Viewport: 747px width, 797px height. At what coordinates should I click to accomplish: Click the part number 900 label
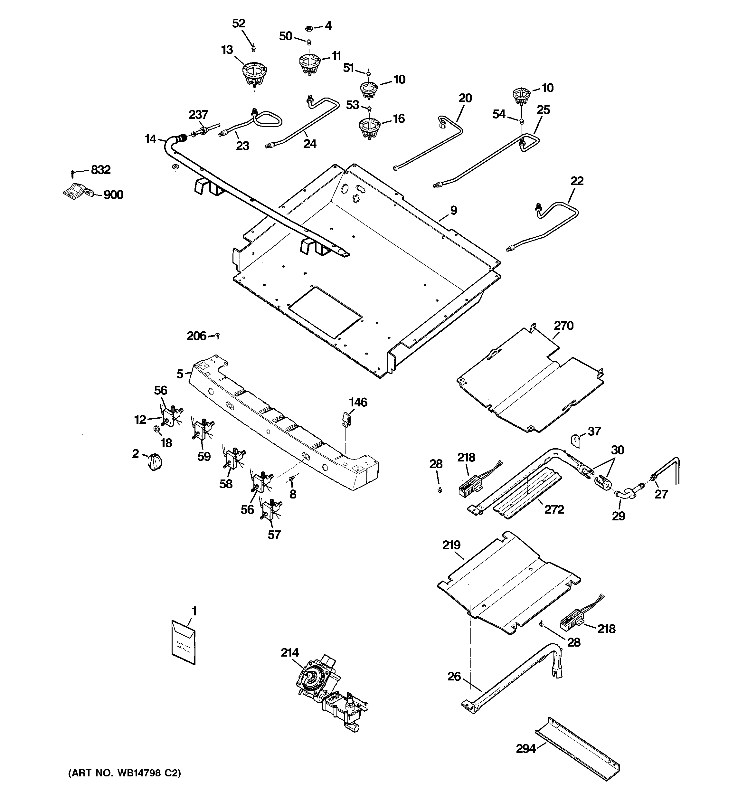pos(113,195)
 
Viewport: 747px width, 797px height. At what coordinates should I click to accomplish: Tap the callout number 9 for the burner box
pos(453,210)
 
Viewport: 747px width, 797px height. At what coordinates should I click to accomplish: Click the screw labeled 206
pos(218,335)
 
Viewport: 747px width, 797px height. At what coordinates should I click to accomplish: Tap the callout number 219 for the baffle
pos(451,545)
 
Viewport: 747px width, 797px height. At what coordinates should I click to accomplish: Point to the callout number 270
pos(563,326)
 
